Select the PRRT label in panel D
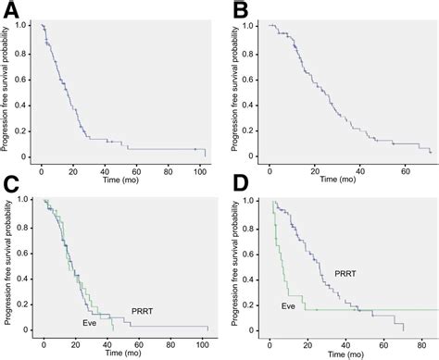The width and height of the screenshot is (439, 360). (x=345, y=274)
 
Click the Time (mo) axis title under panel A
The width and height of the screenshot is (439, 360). (x=120, y=173)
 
